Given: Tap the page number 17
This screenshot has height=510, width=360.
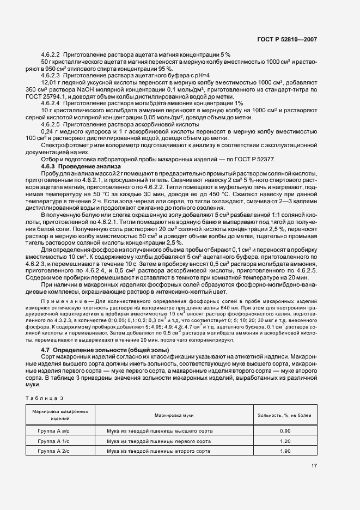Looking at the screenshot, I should point(315,466).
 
